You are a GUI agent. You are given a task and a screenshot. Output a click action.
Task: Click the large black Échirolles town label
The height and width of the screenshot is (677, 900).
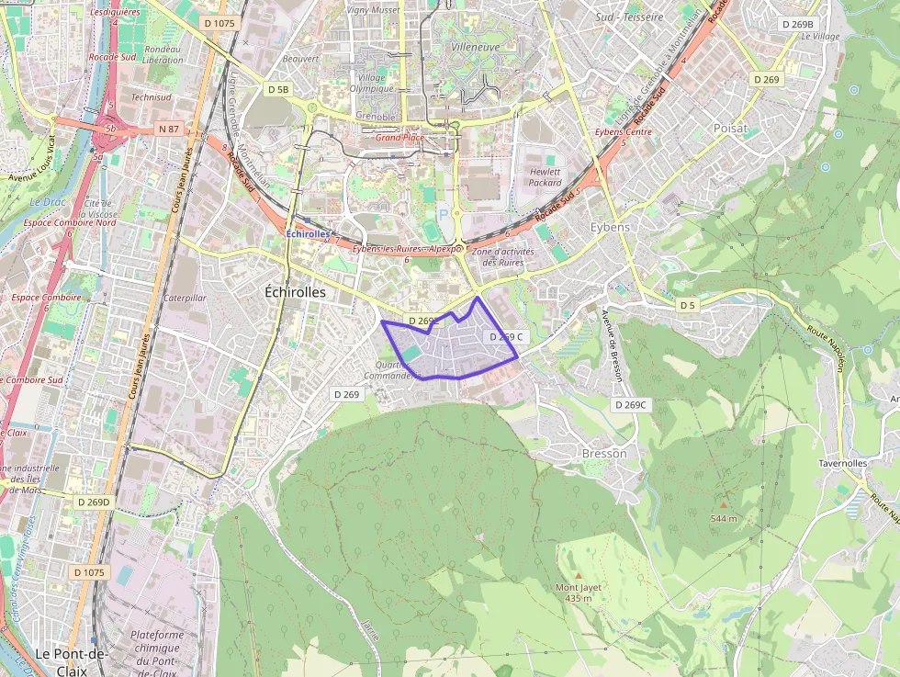(295, 291)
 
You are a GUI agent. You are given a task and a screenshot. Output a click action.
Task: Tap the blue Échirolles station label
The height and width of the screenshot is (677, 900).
(308, 234)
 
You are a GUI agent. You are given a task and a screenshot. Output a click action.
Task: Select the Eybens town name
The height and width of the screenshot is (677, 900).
(610, 227)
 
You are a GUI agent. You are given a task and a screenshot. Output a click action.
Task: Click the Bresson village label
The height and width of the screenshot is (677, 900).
(604, 453)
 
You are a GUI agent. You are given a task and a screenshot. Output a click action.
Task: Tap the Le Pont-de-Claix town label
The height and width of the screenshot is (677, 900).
(72, 653)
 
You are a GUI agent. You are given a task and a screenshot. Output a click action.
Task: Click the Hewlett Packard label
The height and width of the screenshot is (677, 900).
(545, 177)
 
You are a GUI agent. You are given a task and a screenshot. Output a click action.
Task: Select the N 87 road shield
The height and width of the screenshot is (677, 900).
(168, 130)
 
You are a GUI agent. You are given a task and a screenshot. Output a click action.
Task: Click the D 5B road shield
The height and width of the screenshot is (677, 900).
(278, 89)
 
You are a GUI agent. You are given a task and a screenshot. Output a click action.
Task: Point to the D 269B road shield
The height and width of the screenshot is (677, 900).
(796, 24)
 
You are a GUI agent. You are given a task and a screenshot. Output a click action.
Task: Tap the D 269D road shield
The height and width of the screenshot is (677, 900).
(93, 502)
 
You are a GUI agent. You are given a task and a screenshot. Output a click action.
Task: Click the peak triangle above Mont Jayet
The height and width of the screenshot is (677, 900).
(579, 575)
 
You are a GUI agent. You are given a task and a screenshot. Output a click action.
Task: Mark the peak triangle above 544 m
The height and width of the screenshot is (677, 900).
(724, 504)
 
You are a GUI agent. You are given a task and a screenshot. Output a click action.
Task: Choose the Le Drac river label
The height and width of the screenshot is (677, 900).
(43, 201)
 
